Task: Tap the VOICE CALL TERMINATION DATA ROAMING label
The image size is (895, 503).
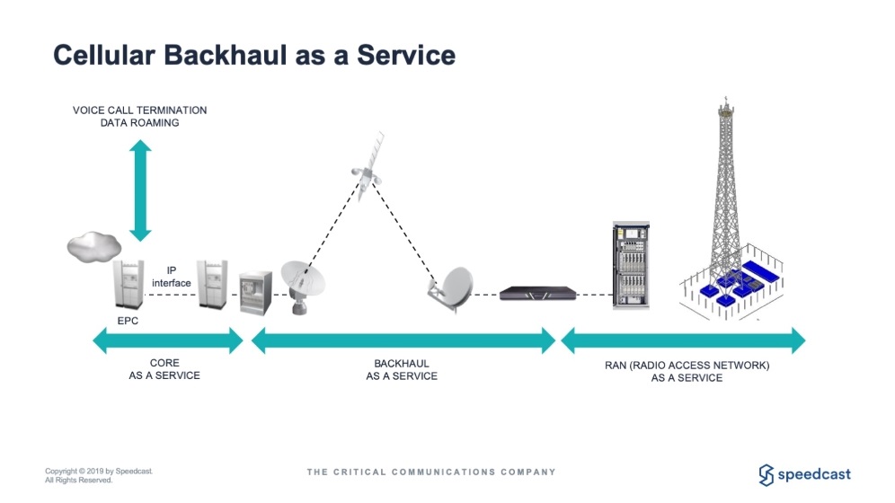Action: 139,116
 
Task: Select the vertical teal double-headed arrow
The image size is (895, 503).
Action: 139,190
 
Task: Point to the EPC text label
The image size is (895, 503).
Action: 128,321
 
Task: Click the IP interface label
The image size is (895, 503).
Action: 171,276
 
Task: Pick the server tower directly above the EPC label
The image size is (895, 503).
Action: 127,286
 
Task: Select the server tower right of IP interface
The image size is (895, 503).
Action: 215,286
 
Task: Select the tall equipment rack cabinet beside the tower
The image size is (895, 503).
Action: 630,267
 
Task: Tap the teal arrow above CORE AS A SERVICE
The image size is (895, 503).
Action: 168,340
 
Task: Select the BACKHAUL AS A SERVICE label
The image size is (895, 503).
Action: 402,370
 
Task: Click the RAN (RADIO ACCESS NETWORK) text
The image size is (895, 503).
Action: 687,366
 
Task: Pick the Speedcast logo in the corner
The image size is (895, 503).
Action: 804,474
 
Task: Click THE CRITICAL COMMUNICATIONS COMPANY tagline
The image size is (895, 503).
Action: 431,472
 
